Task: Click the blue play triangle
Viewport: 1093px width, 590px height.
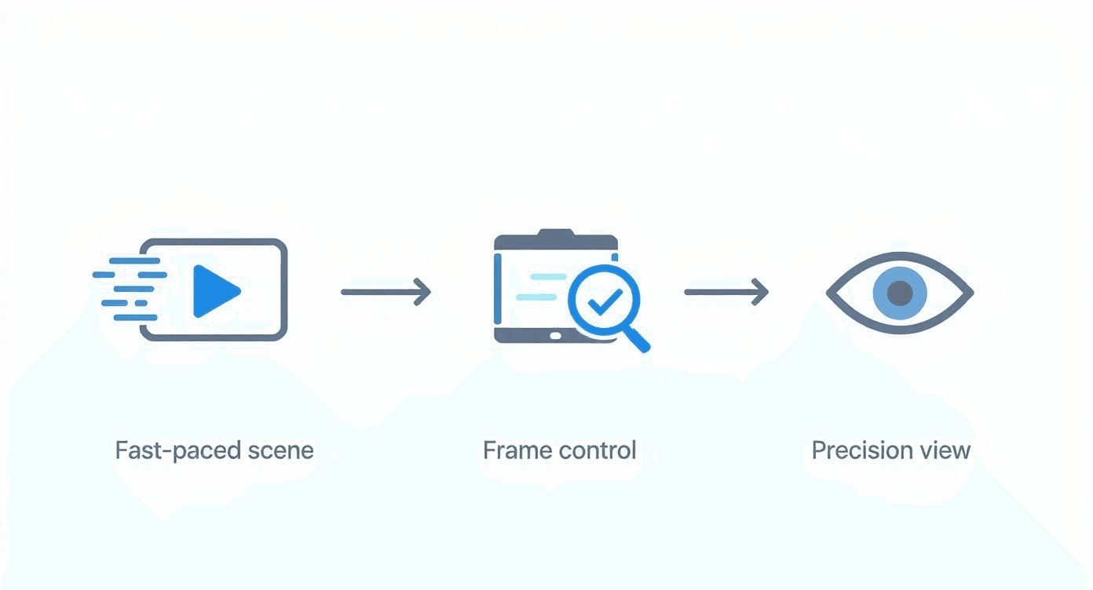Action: (214, 291)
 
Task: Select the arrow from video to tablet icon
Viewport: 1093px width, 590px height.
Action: (386, 292)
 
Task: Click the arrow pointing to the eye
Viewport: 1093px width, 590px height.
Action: (726, 292)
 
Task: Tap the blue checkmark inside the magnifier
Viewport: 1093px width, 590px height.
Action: (605, 301)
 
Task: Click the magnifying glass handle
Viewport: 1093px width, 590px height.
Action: (638, 339)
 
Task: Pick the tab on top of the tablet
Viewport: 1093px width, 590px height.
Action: (556, 234)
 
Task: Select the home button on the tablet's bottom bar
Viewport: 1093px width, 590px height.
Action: (556, 336)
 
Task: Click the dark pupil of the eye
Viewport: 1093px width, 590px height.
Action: (900, 293)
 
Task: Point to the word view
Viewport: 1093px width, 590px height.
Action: (947, 451)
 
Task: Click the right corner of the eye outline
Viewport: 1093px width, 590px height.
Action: (971, 293)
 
